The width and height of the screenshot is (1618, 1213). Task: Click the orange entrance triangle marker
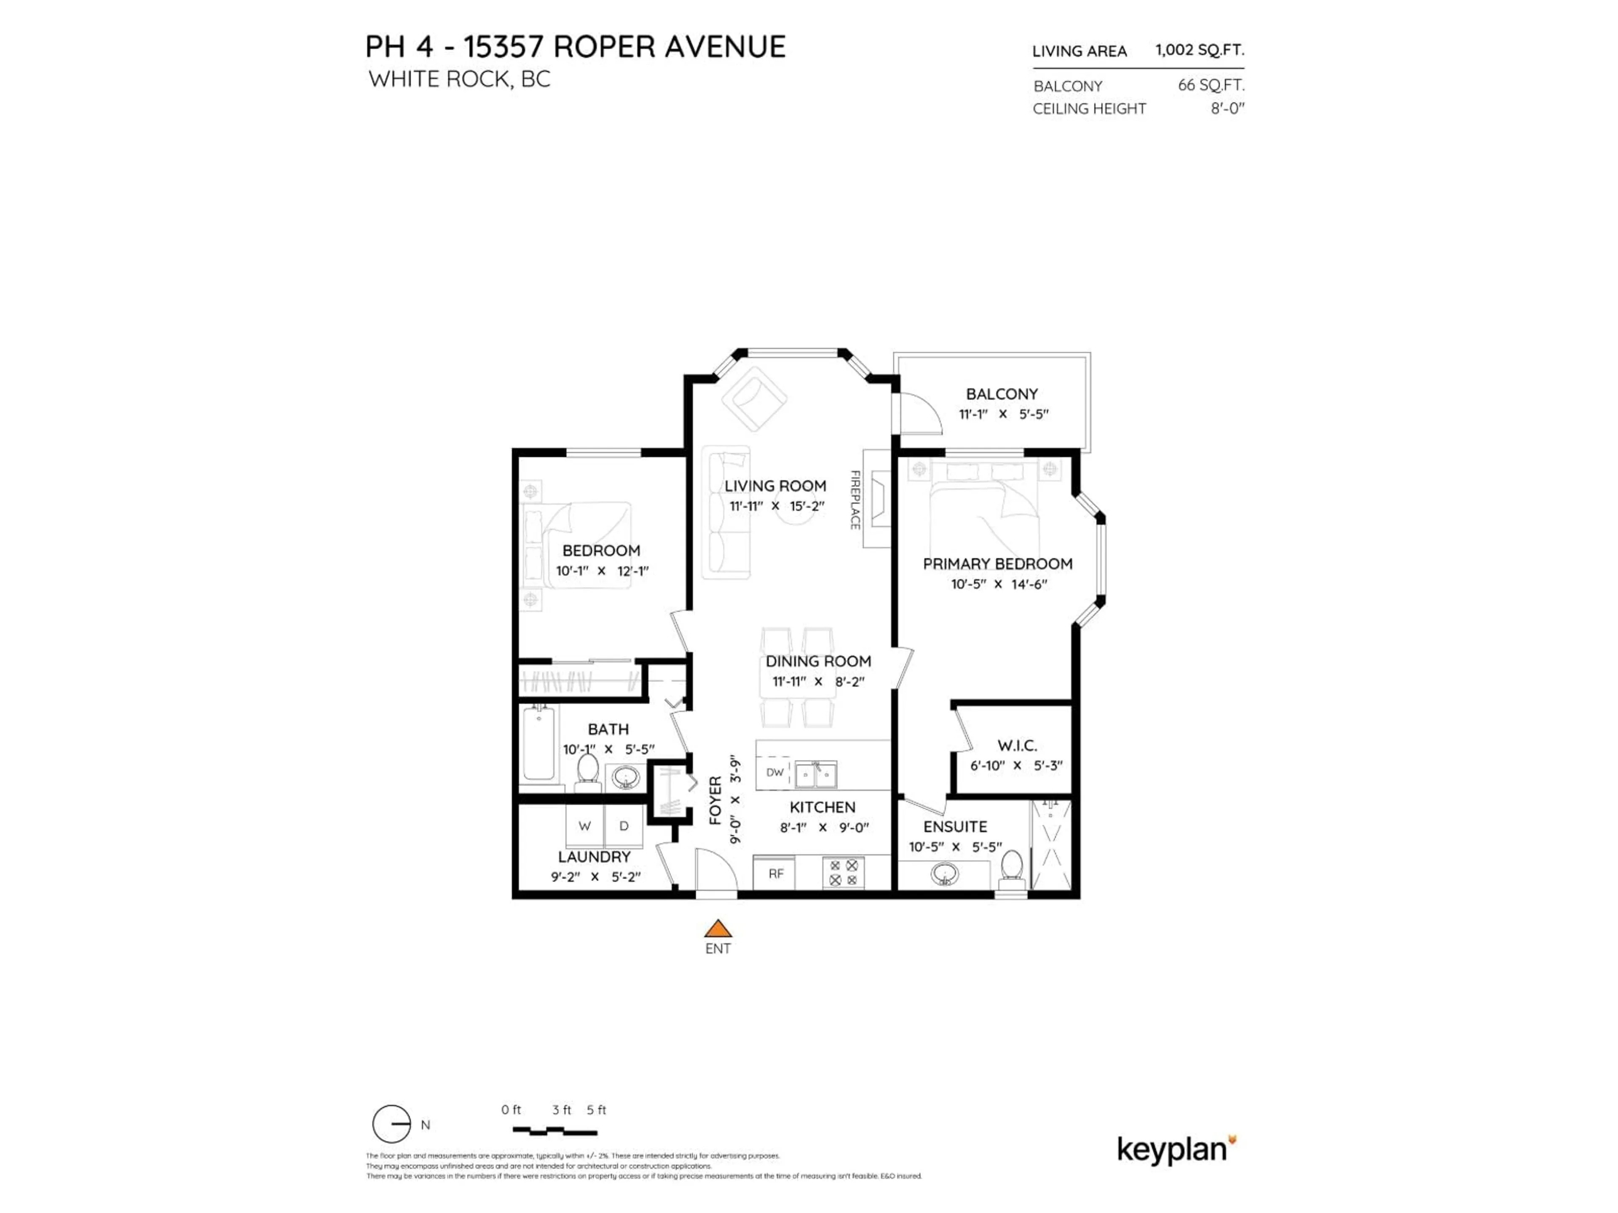pos(718,929)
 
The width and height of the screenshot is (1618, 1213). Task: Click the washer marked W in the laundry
pos(584,826)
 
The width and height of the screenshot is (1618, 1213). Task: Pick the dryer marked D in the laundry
pos(624,826)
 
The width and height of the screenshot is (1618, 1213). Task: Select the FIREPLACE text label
pos(855,500)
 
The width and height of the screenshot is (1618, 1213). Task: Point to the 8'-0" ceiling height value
pos(1227,108)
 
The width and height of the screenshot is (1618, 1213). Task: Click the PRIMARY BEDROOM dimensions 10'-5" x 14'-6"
pos(999,584)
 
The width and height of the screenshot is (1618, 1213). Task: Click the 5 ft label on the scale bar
pos(596,1110)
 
